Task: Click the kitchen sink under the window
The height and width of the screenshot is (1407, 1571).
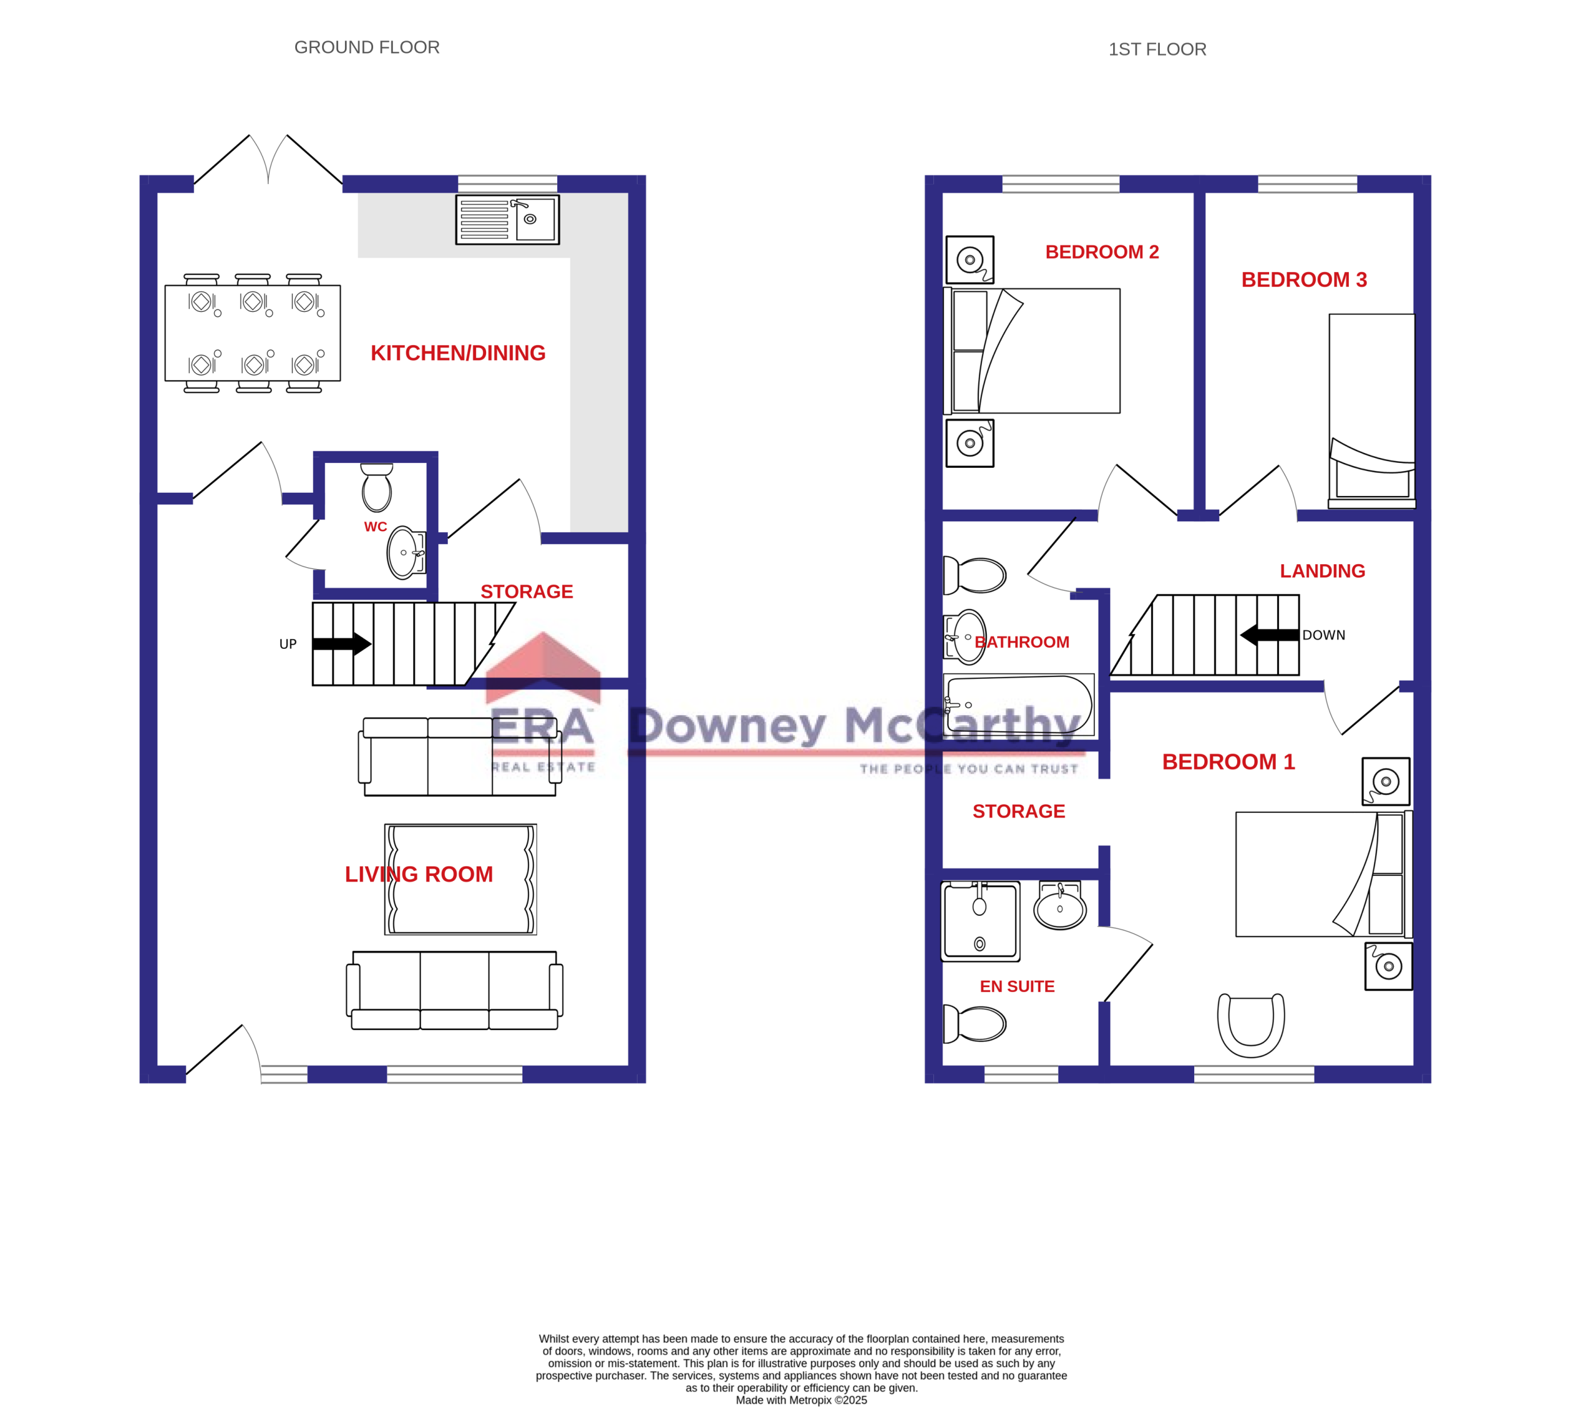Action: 507,220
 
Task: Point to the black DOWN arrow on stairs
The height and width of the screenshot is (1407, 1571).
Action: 1269,635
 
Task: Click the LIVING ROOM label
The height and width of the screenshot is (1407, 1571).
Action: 418,874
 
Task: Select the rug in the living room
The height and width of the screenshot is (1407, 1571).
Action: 460,879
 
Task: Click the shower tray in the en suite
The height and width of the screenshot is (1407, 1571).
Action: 980,921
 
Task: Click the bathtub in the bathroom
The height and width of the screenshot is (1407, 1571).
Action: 1019,704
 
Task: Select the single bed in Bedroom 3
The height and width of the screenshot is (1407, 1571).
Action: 1371,409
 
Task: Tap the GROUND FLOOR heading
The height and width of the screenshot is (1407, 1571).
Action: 366,47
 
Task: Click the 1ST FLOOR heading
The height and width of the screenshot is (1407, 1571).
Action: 1157,50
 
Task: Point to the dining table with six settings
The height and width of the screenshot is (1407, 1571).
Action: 253,333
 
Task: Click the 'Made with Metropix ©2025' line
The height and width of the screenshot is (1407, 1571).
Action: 801,1400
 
